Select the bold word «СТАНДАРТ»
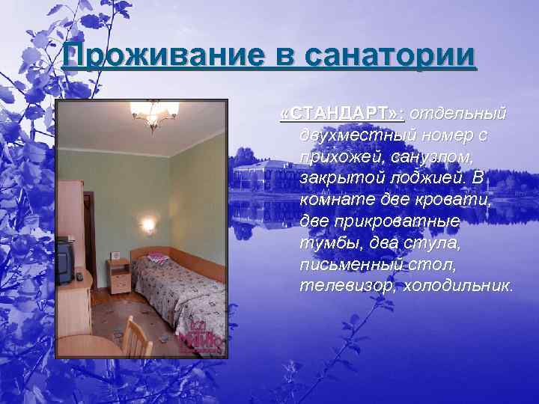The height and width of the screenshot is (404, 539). [x=341, y=113]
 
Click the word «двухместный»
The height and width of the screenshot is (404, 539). [x=363, y=135]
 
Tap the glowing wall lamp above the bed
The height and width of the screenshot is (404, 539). [x=147, y=224]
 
